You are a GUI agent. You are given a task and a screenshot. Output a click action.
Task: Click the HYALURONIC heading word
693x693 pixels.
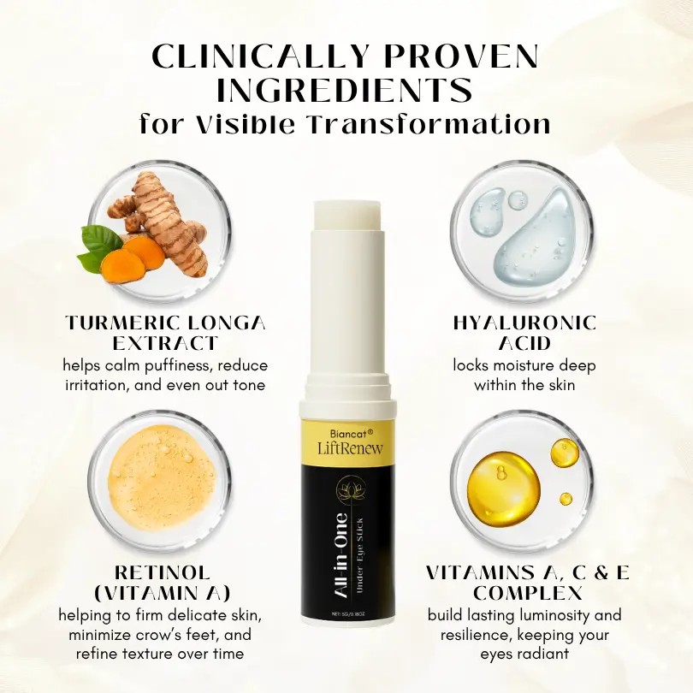524,323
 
